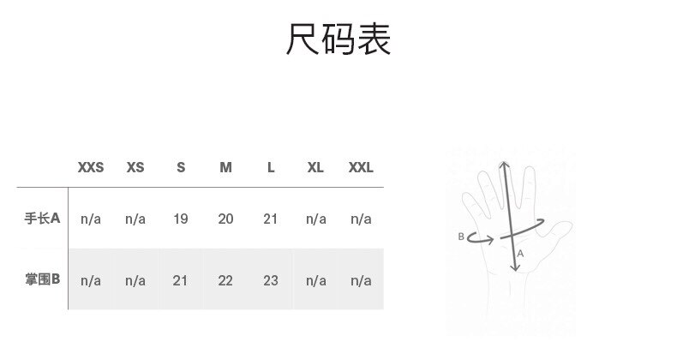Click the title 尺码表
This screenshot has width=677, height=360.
coord(338,39)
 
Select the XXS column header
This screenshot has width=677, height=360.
coord(91,168)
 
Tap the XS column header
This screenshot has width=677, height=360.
coord(135,168)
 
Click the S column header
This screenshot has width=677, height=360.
coord(181,168)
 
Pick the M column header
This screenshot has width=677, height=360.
coord(225,168)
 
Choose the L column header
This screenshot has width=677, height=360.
coord(271,168)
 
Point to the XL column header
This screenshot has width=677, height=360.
coord(315,168)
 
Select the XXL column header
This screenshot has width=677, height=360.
coord(361,168)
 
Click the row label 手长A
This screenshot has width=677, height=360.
coord(42,219)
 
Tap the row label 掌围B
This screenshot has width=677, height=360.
coord(42,279)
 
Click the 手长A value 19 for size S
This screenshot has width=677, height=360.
coord(181,219)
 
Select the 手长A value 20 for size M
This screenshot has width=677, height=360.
coord(225,219)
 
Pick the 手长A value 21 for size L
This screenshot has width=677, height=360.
coord(271,219)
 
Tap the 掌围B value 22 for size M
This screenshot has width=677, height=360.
coord(225,280)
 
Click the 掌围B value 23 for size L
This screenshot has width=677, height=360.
coord(271,280)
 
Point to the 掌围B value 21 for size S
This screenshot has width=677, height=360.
coord(181,280)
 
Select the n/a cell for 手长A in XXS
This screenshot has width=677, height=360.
coord(91,219)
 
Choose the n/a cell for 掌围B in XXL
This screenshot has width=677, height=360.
coord(361,280)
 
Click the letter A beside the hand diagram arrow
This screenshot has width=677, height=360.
coord(521,255)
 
